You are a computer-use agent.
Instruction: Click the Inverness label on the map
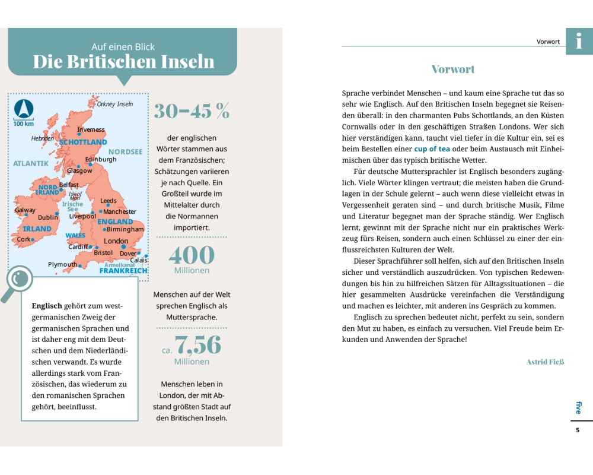click(x=91, y=129)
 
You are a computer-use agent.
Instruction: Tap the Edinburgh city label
click(x=101, y=159)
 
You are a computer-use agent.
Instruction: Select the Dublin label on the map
click(x=48, y=217)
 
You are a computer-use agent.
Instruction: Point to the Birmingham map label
click(x=125, y=229)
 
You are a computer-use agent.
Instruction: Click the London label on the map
click(x=116, y=241)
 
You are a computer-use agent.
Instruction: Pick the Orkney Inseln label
click(x=115, y=104)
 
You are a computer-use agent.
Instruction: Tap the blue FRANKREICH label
click(x=123, y=271)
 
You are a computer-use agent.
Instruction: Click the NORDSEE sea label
click(x=125, y=151)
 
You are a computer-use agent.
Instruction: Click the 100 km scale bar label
click(x=23, y=123)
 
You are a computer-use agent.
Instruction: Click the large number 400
click(x=192, y=255)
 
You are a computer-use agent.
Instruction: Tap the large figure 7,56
click(x=197, y=346)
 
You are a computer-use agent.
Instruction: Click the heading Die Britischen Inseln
click(x=123, y=62)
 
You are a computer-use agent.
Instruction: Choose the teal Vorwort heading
click(x=453, y=69)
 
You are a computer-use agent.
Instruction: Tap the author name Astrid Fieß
click(x=545, y=362)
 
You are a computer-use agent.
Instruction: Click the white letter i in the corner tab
click(x=579, y=41)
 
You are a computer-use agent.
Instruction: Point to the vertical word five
click(x=579, y=407)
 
